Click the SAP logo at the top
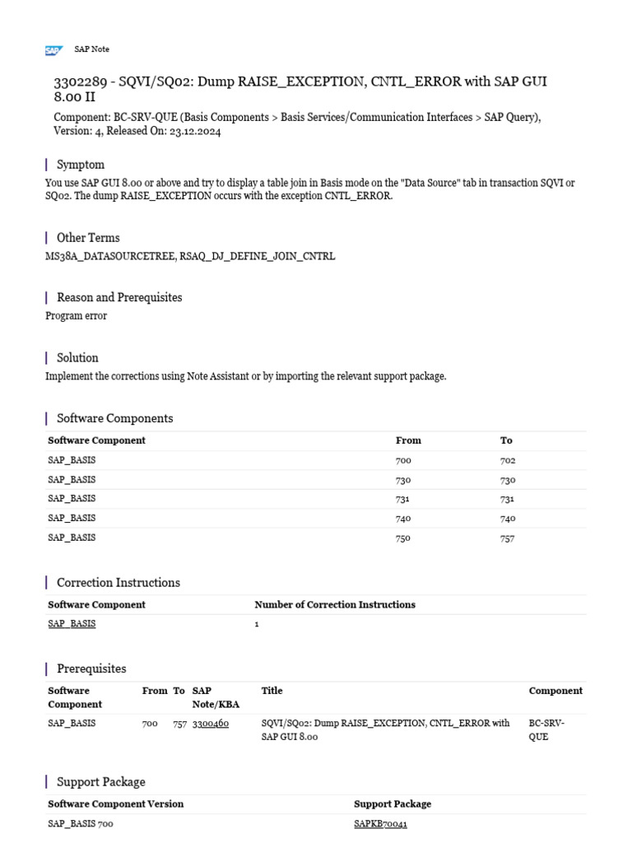53,50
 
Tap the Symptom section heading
80,165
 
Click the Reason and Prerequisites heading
118,297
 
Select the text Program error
76,316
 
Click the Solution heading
77,358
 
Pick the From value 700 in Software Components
403,461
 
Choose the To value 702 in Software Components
508,461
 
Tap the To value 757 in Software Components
508,538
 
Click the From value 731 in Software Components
403,500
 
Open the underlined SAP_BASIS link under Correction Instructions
72,624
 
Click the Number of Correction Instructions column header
335,605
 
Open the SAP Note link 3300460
211,724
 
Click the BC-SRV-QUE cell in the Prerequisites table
546,729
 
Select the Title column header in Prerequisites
272,692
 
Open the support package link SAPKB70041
380,823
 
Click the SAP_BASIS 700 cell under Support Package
81,823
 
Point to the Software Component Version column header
115,804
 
